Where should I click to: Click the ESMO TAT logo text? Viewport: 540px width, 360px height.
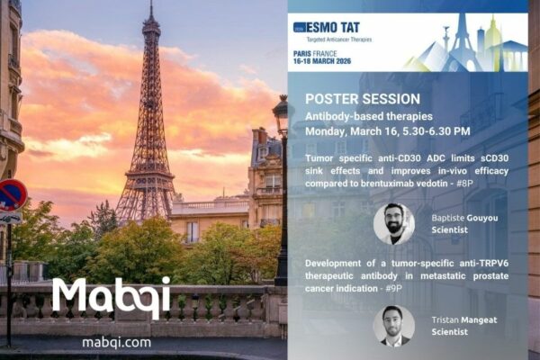click(x=336, y=27)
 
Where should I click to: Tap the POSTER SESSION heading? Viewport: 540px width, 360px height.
click(x=356, y=98)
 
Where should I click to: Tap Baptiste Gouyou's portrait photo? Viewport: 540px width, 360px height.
click(x=393, y=223)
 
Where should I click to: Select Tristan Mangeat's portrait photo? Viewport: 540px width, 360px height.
click(x=393, y=326)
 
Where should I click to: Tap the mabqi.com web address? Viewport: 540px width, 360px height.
click(x=115, y=342)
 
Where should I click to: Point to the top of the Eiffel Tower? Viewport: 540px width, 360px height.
click(x=150, y=7)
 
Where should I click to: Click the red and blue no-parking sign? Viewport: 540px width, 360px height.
click(x=11, y=195)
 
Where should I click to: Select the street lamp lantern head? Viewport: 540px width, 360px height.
click(x=283, y=115)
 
